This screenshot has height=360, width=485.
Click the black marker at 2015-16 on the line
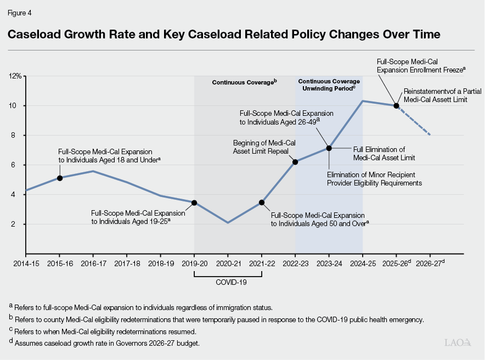coord(59,178)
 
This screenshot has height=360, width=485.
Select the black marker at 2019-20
coord(194,203)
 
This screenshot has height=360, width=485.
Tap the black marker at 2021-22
coord(262,203)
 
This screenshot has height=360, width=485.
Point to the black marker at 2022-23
coord(295,162)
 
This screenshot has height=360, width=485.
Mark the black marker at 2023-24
coord(329,148)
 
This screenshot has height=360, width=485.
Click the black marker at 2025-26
coord(396,105)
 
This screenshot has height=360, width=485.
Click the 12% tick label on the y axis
coord(15,76)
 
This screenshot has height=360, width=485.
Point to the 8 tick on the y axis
coord(19,136)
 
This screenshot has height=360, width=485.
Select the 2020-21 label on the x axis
coord(228,264)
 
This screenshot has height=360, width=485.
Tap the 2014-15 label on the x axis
coord(25,264)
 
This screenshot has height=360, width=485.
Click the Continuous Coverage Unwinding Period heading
coord(329,85)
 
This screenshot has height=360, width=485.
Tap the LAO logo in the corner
coord(457,342)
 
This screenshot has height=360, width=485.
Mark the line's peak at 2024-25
coord(363,101)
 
